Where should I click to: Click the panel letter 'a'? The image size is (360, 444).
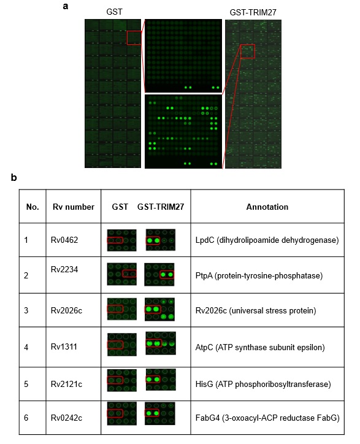point(66,6)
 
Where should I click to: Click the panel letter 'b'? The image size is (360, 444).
point(13,177)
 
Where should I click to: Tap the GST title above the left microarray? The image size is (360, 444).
point(115,12)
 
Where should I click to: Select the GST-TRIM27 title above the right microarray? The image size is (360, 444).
point(253,12)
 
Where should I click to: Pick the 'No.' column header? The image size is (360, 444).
point(33,207)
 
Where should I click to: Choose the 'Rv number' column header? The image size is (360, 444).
point(74,207)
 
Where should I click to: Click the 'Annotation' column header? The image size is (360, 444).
point(267,207)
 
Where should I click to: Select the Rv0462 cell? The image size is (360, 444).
point(64,240)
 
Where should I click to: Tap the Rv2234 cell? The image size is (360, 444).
point(64,269)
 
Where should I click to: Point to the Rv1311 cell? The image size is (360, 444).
point(64,346)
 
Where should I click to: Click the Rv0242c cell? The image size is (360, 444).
point(67,418)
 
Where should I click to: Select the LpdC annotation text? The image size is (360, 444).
point(267,240)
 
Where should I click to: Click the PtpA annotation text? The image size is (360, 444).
point(259,275)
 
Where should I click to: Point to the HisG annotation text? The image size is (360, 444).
point(263,384)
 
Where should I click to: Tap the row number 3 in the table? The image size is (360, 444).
point(26,310)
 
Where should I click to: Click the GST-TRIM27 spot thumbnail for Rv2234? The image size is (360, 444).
point(159,274)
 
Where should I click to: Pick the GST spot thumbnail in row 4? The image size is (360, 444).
point(122,344)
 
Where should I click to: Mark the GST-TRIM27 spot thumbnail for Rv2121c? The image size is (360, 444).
point(161,380)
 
